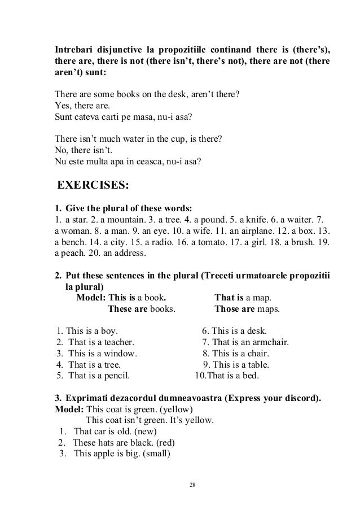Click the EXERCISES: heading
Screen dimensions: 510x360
tap(94, 185)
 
